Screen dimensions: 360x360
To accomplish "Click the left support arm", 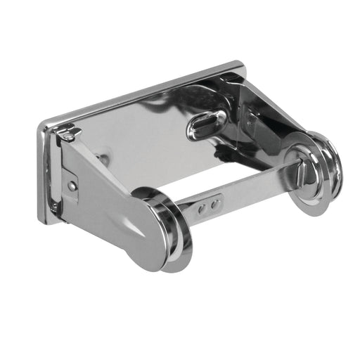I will tap(105, 190).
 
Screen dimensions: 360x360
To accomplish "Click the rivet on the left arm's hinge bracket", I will tap(72, 186).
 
